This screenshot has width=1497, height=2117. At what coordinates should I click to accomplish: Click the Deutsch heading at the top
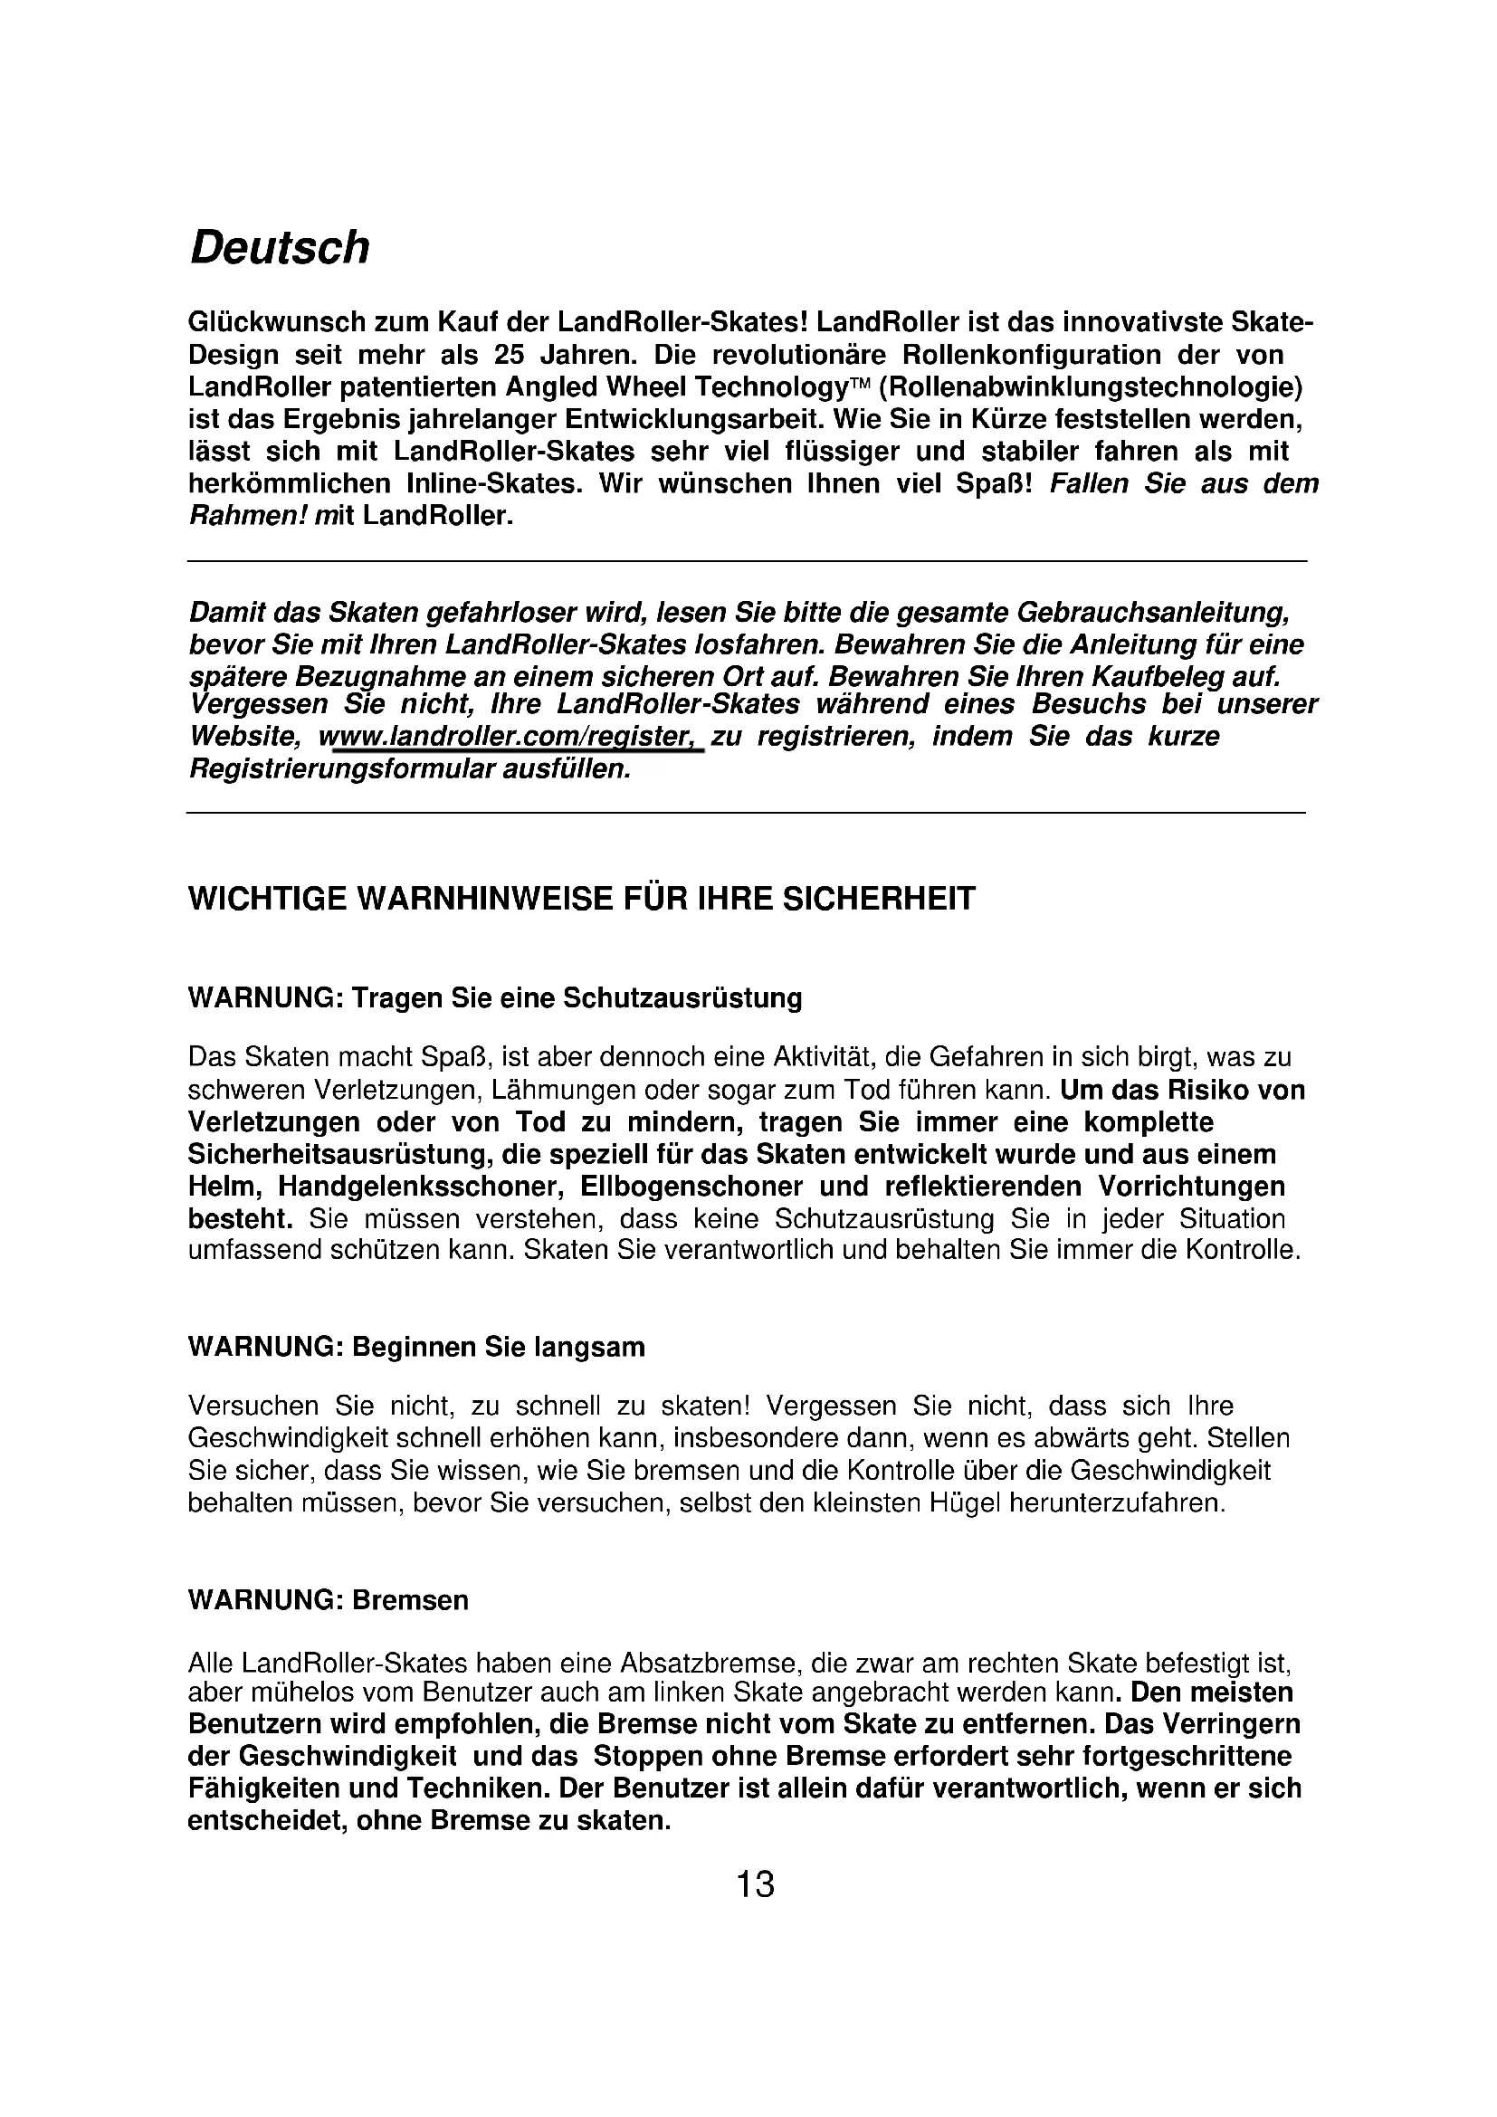tap(280, 248)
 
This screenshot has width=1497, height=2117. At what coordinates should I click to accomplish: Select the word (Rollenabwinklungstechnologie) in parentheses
tap(1092, 386)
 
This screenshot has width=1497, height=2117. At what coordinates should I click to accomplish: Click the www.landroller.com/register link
tap(511, 737)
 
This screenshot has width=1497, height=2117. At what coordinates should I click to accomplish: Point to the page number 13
tap(755, 1883)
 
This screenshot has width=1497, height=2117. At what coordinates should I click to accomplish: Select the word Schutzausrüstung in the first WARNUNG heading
tap(682, 997)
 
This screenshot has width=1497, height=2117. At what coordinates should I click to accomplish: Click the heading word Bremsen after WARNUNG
tap(411, 1599)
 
